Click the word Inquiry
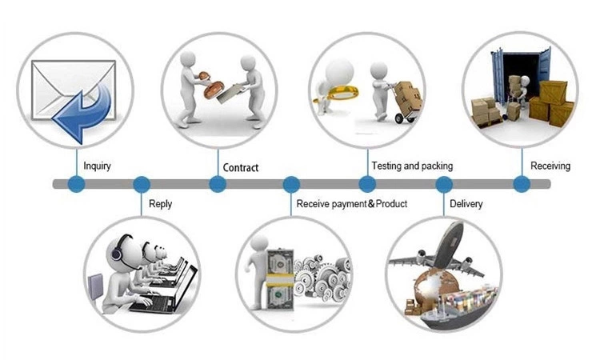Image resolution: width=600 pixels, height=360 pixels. pyautogui.click(x=97, y=166)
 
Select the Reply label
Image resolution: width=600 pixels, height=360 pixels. pyautogui.click(x=160, y=204)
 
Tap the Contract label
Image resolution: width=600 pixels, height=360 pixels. pyautogui.click(x=240, y=167)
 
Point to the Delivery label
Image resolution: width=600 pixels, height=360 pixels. pyautogui.click(x=466, y=204)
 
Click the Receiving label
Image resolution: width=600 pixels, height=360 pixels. pyautogui.click(x=550, y=166)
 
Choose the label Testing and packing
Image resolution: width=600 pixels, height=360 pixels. pyautogui.click(x=412, y=166)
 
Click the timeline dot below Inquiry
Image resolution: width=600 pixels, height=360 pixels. pyautogui.click(x=77, y=184)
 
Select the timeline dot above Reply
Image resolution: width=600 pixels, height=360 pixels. pyautogui.click(x=141, y=184)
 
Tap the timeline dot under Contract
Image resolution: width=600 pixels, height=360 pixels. pyautogui.click(x=218, y=184)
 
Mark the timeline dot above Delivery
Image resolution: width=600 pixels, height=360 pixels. pyautogui.click(x=444, y=184)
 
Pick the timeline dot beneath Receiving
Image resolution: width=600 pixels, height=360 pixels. pyautogui.click(x=522, y=184)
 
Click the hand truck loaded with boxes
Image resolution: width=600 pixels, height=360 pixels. pyautogui.click(x=406, y=102)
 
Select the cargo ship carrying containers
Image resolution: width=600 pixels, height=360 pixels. pyautogui.click(x=459, y=308)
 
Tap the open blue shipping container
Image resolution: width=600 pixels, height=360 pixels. pyautogui.click(x=521, y=77)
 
